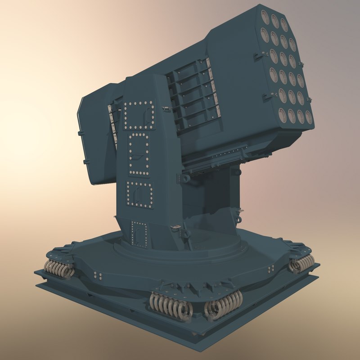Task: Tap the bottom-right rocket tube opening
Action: [309, 118]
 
